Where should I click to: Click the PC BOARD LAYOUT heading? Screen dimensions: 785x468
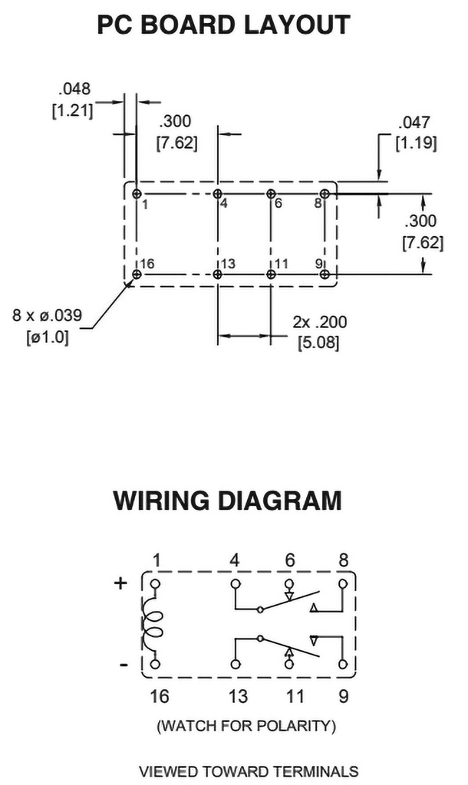[x=223, y=25]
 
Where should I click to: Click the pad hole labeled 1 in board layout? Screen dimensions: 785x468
[x=137, y=193]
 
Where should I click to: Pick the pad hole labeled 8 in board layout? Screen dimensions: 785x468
[x=325, y=194]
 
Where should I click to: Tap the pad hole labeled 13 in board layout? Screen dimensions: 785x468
[x=218, y=274]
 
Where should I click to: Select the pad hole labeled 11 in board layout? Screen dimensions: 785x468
[x=271, y=274]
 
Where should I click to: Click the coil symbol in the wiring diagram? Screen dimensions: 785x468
[x=154, y=622]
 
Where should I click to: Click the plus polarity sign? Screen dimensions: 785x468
[x=120, y=583]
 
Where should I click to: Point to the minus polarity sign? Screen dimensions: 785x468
[x=124, y=665]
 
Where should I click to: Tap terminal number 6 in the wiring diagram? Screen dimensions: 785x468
[x=289, y=561]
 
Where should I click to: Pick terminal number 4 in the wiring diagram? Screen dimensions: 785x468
[x=234, y=561]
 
